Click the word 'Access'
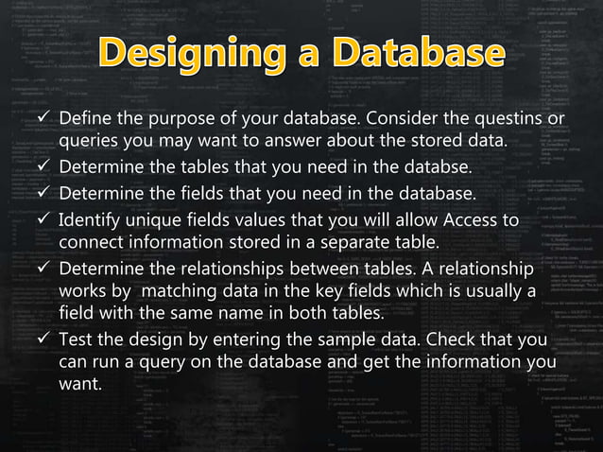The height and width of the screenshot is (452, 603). coord(474,221)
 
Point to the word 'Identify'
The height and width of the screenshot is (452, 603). coord(90,221)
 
